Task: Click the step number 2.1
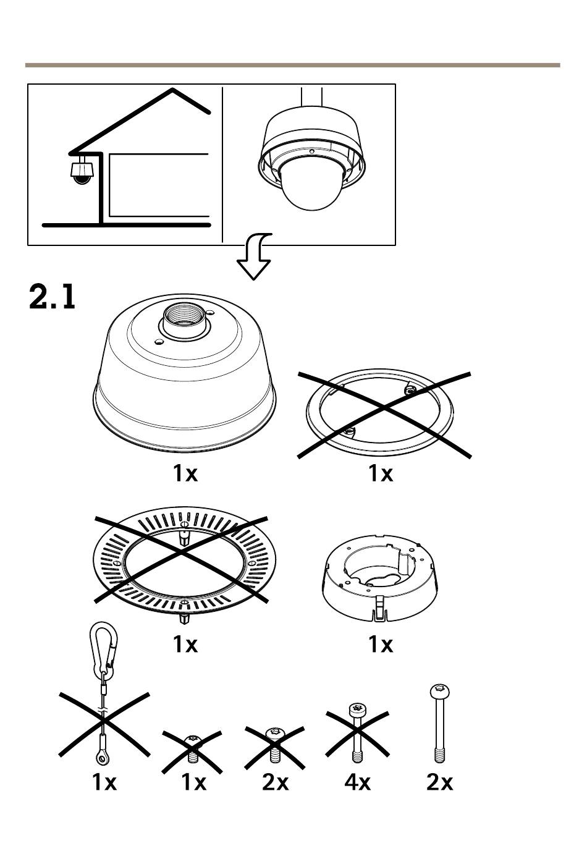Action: tap(53, 297)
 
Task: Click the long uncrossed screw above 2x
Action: tap(439, 723)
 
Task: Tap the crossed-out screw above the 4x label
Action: tap(357, 733)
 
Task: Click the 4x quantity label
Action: tap(357, 782)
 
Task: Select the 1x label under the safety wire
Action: tap(104, 782)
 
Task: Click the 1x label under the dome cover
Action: tap(185, 473)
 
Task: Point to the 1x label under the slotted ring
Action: tap(185, 645)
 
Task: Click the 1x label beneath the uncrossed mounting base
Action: tap(381, 645)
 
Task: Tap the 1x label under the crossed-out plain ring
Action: tap(381, 473)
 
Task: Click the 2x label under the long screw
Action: tap(439, 782)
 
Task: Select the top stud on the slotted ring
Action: tap(183, 536)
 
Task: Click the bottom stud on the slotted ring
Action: tap(183, 617)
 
